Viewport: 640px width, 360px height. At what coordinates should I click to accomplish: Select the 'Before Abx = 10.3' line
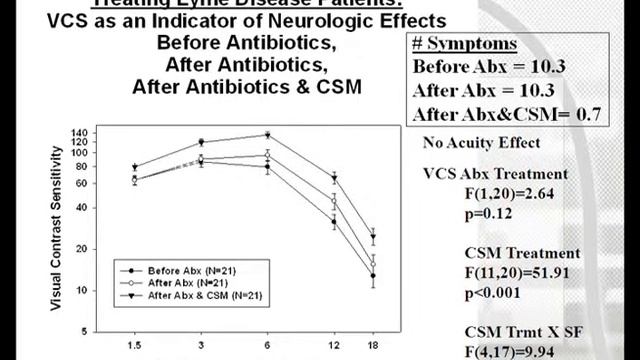click(488, 68)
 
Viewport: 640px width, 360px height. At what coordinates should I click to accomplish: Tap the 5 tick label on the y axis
click(88, 330)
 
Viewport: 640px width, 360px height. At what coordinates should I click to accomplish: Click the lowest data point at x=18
click(373, 275)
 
